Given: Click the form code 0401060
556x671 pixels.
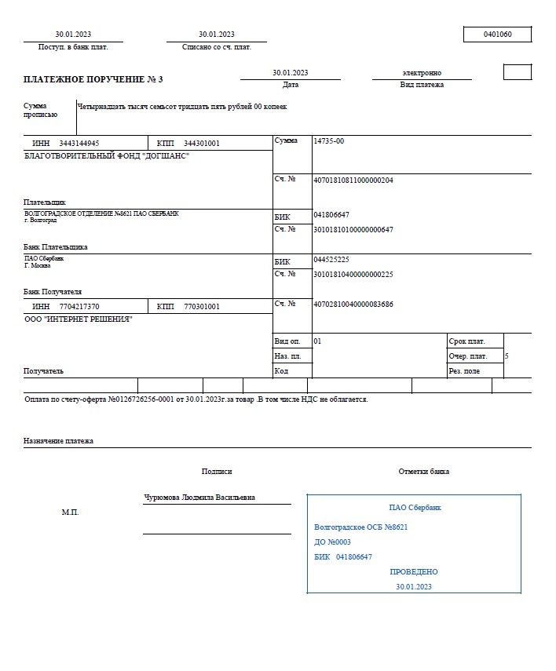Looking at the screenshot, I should (x=498, y=35).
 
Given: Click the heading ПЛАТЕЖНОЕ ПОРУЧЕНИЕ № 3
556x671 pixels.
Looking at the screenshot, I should (x=93, y=79).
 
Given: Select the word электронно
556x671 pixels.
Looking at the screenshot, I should (x=422, y=73).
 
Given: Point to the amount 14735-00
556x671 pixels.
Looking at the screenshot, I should (x=328, y=141).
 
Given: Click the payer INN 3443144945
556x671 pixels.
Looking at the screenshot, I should (x=79, y=144).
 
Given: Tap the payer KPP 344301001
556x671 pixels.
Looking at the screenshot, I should (x=202, y=144).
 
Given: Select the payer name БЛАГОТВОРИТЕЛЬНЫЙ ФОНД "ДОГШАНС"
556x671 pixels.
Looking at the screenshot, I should (x=107, y=156).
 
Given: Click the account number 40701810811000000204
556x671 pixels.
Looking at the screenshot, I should (x=353, y=180).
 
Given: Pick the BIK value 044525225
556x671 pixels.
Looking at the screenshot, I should (x=331, y=259).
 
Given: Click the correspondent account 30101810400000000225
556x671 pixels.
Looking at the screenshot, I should (x=353, y=274).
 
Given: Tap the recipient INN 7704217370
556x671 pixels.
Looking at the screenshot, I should (x=79, y=306).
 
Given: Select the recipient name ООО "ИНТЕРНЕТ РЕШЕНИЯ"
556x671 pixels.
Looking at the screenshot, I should (x=79, y=319).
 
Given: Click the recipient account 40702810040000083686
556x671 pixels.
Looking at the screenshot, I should (x=353, y=304).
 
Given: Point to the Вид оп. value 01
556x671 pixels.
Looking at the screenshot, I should (x=317, y=341).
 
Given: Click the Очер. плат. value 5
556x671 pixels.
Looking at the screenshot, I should (x=507, y=356).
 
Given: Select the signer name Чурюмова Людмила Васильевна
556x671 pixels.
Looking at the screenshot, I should (x=199, y=498).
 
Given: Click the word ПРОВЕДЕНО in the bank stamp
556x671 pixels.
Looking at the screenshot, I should (x=414, y=572).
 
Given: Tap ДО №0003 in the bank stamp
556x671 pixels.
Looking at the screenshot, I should (x=332, y=542).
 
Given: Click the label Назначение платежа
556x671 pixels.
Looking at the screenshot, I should (x=58, y=441).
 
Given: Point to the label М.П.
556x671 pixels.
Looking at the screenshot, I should (x=70, y=512).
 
